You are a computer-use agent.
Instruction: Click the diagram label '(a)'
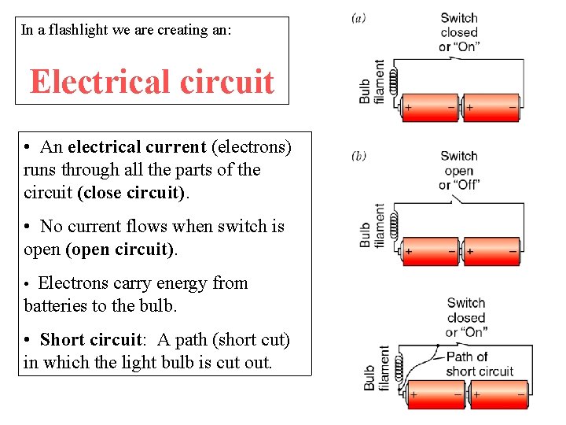pyautogui.click(x=358, y=17)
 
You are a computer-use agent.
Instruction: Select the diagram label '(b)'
pyautogui.click(x=358, y=156)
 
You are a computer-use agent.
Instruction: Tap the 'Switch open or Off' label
pyautogui.click(x=459, y=170)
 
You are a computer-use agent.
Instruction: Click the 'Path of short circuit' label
pyautogui.click(x=480, y=364)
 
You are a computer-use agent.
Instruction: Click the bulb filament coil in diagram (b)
pyautogui.click(x=397, y=222)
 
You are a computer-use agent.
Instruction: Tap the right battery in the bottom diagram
pyautogui.click(x=498, y=393)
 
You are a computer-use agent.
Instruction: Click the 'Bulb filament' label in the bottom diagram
pyautogui.click(x=377, y=368)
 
